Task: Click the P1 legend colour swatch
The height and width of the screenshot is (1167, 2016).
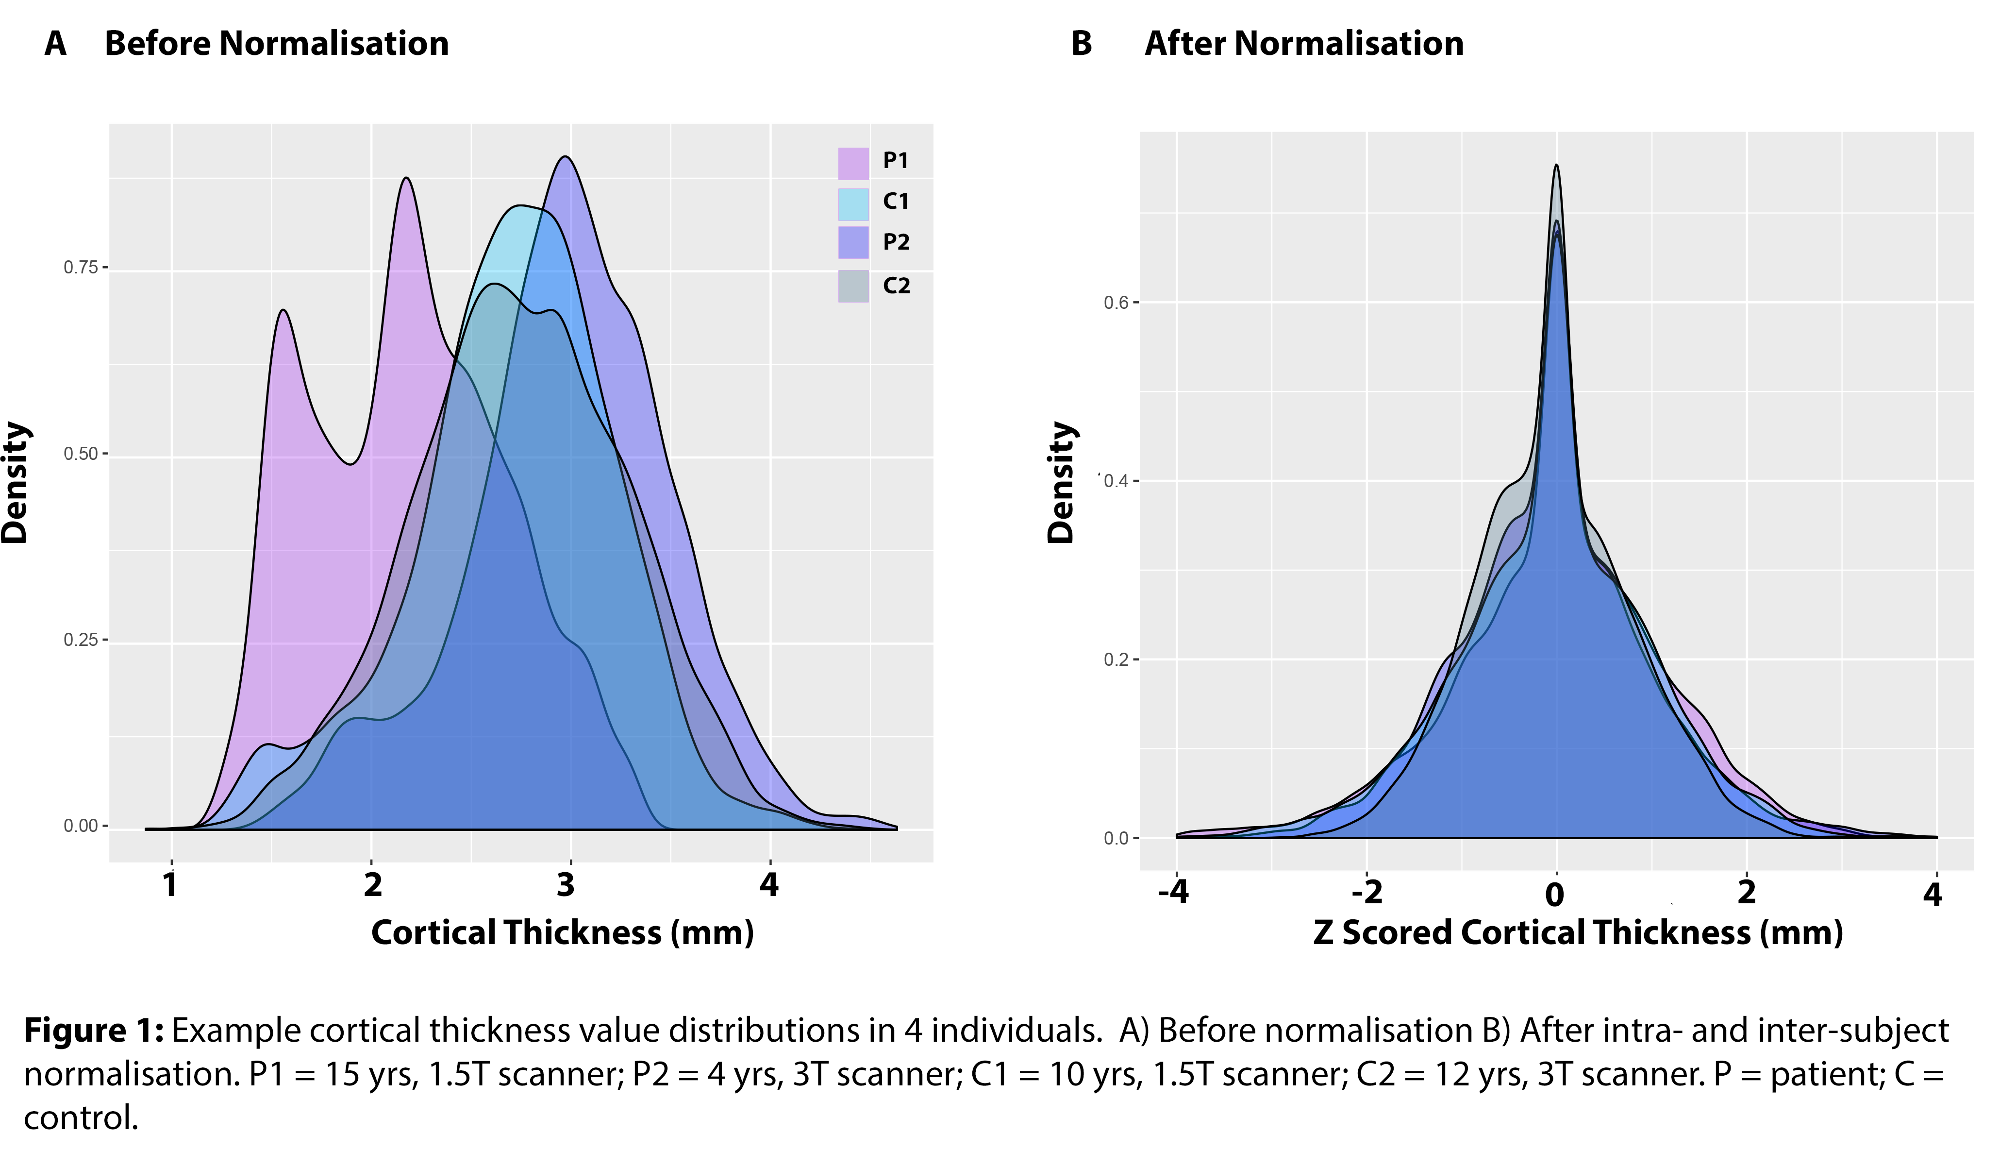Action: [853, 163]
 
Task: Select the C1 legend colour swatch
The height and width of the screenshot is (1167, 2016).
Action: [853, 204]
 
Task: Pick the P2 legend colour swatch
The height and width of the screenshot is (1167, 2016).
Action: [853, 242]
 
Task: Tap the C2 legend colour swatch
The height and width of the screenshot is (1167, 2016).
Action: [853, 286]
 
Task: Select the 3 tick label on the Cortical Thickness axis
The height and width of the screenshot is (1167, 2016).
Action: [566, 884]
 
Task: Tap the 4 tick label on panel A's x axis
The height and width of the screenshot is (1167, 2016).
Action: [769, 884]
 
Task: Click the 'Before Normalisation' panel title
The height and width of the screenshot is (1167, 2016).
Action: [277, 43]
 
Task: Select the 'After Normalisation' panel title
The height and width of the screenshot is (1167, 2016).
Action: [1304, 43]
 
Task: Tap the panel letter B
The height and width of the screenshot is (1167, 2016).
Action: [1082, 43]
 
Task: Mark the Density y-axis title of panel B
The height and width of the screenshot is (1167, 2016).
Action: [1062, 483]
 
